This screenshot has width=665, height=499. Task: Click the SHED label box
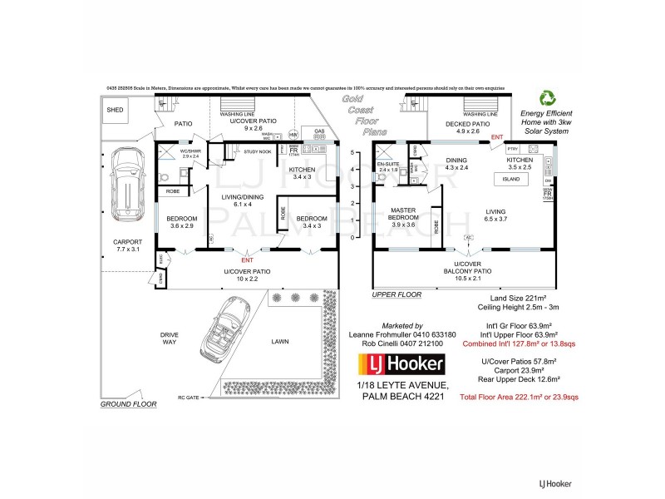pyautogui.click(x=115, y=110)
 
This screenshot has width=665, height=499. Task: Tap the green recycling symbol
pyautogui.click(x=548, y=99)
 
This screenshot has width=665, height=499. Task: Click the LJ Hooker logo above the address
pyautogui.click(x=401, y=363)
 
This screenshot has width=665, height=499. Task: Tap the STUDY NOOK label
pyautogui.click(x=258, y=152)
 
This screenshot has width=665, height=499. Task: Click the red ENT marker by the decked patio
pyautogui.click(x=498, y=136)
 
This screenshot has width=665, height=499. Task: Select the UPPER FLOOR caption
pyautogui.click(x=397, y=294)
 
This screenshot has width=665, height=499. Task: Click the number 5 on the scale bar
pyautogui.click(x=353, y=152)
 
